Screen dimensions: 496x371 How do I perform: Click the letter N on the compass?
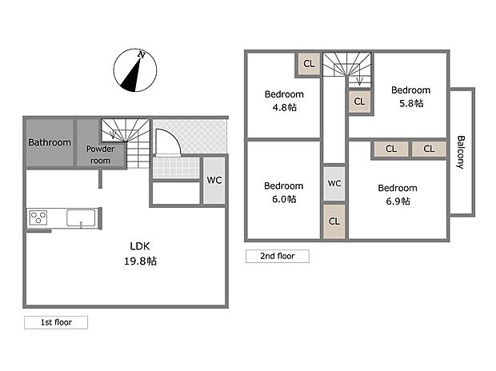[x=142, y=54]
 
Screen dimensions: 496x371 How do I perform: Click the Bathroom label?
[x=50, y=142]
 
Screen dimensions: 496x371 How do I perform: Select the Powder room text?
[x=100, y=154]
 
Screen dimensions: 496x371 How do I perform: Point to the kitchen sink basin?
[x=81, y=218]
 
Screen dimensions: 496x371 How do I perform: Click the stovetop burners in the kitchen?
[x=38, y=217]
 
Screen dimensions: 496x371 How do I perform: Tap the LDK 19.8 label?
[x=140, y=253]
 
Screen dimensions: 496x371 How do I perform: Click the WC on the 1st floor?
[x=214, y=180]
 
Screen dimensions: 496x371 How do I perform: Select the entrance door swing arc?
[x=172, y=137]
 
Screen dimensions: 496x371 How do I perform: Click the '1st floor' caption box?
[x=56, y=322]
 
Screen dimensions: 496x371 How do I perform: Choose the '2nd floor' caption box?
[x=278, y=256]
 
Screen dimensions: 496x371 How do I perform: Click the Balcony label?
[x=462, y=152]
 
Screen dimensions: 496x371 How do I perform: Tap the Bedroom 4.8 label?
[x=284, y=101]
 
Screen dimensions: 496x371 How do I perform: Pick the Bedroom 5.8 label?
[x=411, y=97]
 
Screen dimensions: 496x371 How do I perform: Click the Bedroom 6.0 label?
[x=284, y=193]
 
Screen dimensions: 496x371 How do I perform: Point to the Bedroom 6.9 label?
[x=398, y=194]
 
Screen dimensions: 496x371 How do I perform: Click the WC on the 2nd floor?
[x=334, y=183]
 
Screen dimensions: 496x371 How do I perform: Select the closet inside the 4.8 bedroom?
[x=309, y=64]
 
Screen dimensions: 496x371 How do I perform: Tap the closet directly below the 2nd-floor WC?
[x=334, y=221]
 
